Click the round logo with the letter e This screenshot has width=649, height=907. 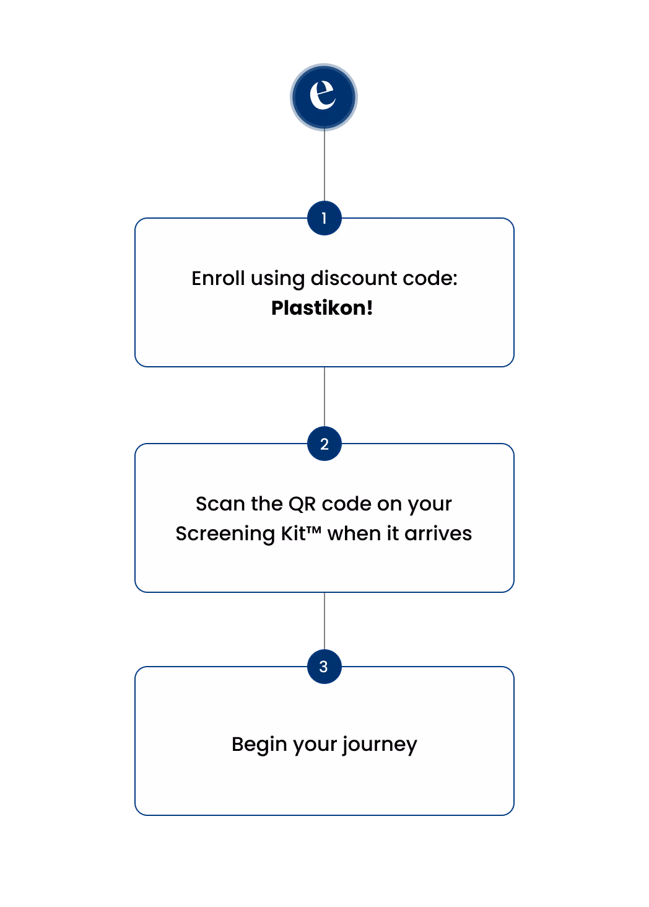tap(324, 97)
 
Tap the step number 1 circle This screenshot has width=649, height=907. tap(324, 218)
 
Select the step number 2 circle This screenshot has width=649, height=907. tap(324, 444)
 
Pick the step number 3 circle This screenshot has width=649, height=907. tap(324, 667)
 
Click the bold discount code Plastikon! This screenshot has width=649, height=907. tap(322, 308)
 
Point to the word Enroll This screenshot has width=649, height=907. tap(218, 278)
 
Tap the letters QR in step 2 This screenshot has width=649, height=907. tap(302, 504)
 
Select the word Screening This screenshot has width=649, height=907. tap(225, 533)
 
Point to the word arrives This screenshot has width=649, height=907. tap(438, 533)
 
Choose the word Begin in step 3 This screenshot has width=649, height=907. tap(259, 745)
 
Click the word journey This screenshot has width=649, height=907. tap(380, 745)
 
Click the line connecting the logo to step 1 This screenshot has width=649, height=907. tap(324, 166)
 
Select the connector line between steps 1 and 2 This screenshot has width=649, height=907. tap(324, 397)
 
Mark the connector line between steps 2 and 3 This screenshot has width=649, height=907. tap(324, 621)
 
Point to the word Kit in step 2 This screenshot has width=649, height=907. tap(294, 533)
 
